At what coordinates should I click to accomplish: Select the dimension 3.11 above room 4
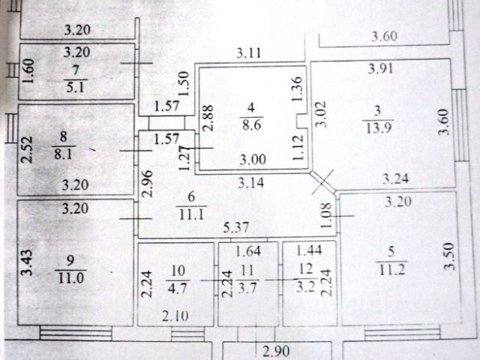tap(248, 52)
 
